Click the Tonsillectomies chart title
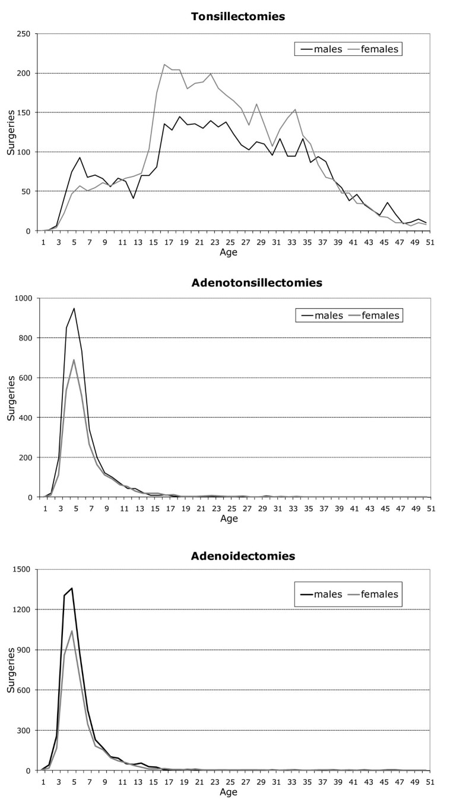[237, 16]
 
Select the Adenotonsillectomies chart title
[256, 283]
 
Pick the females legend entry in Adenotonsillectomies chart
[382, 315]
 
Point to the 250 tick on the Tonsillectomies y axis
[25, 34]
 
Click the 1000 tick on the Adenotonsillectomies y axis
[23, 298]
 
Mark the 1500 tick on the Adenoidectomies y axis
[23, 569]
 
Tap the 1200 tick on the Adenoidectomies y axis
[23, 609]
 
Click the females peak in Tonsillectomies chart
[164, 64]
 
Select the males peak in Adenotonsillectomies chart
[74, 308]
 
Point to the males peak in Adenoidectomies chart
[72, 588]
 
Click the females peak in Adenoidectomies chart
[72, 614]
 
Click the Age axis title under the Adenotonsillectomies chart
[229, 519]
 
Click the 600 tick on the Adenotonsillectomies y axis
[25, 378]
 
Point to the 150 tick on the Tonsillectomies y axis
[25, 112]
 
